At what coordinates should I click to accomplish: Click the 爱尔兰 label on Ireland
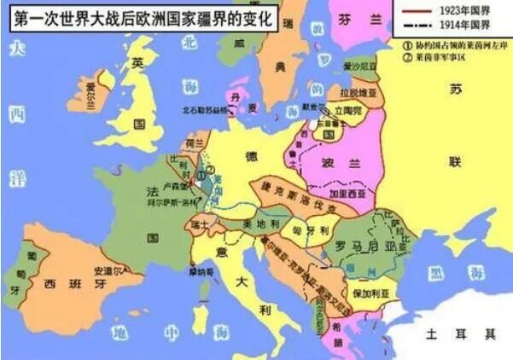pyautogui.click(x=84, y=87)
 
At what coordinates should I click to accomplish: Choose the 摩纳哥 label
pyautogui.click(x=202, y=271)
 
